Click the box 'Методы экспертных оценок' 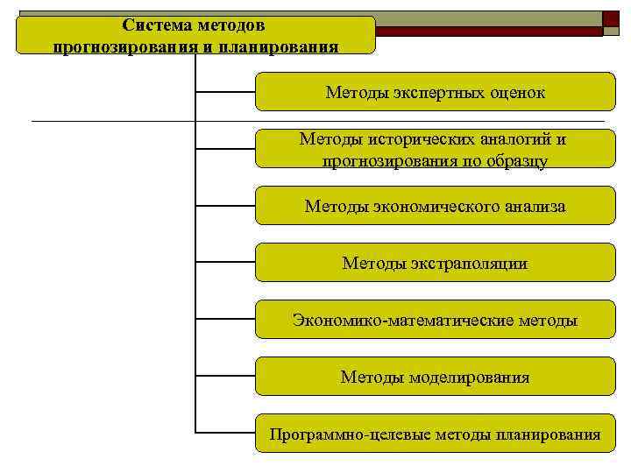point(435,92)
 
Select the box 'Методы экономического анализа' point(435,206)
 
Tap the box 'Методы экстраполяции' point(435,263)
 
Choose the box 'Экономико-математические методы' point(435,320)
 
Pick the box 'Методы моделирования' point(435,377)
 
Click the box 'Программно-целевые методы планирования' point(435,434)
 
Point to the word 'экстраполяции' point(471,263)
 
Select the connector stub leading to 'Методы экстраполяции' point(224,263)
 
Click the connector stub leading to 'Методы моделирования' point(224,377)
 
